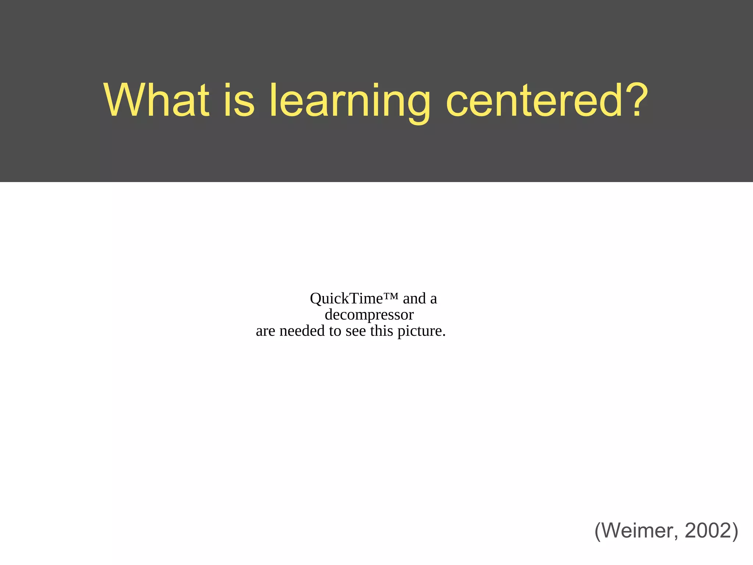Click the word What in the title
point(157,100)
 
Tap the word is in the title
point(239,100)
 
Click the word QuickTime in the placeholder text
point(346,298)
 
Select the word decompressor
point(369,315)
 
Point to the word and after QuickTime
point(414,298)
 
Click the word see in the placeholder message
point(356,331)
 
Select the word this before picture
point(382,331)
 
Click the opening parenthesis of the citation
point(598,531)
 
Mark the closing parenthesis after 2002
point(735,531)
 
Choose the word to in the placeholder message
point(335,331)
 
